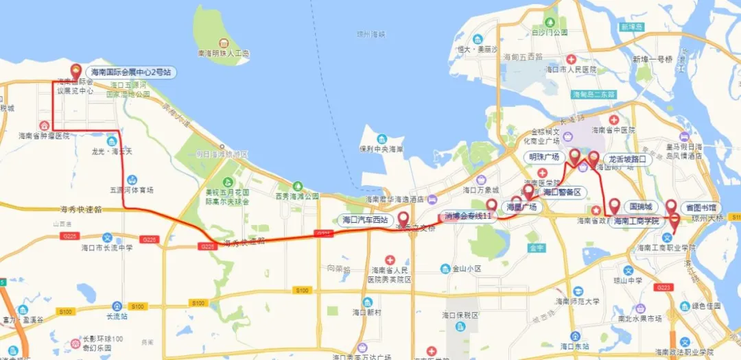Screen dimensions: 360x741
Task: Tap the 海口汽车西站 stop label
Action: tap(366, 220)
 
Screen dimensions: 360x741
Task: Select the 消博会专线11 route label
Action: tap(469, 216)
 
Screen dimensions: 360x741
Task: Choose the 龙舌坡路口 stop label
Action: tap(628, 159)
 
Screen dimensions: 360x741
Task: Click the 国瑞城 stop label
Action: tap(643, 206)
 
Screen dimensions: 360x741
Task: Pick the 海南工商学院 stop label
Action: tap(636, 221)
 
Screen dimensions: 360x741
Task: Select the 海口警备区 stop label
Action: tap(562, 192)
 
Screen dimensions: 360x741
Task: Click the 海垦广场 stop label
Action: tap(521, 206)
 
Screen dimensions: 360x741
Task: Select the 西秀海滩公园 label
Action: tap(297, 196)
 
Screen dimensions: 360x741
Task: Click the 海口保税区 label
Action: tap(459, 315)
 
